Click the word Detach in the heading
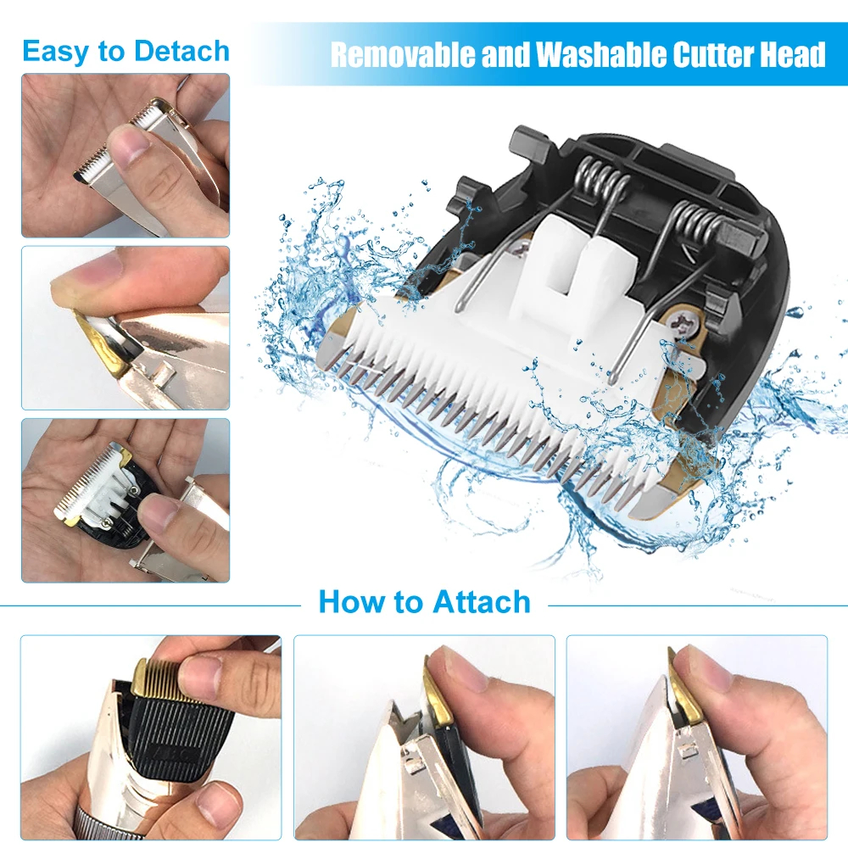(181, 52)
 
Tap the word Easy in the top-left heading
(56, 53)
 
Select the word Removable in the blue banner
(403, 54)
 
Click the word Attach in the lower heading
(482, 601)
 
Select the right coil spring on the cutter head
(698, 221)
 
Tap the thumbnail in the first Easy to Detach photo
(131, 146)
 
